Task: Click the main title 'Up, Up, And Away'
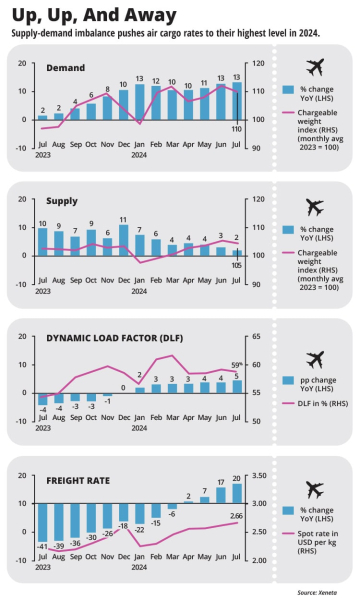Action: coord(95,14)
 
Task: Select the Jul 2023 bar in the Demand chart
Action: coord(42,117)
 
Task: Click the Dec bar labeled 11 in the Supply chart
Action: coord(124,240)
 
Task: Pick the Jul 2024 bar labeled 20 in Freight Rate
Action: coord(237,492)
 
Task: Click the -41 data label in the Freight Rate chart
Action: coord(42,545)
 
